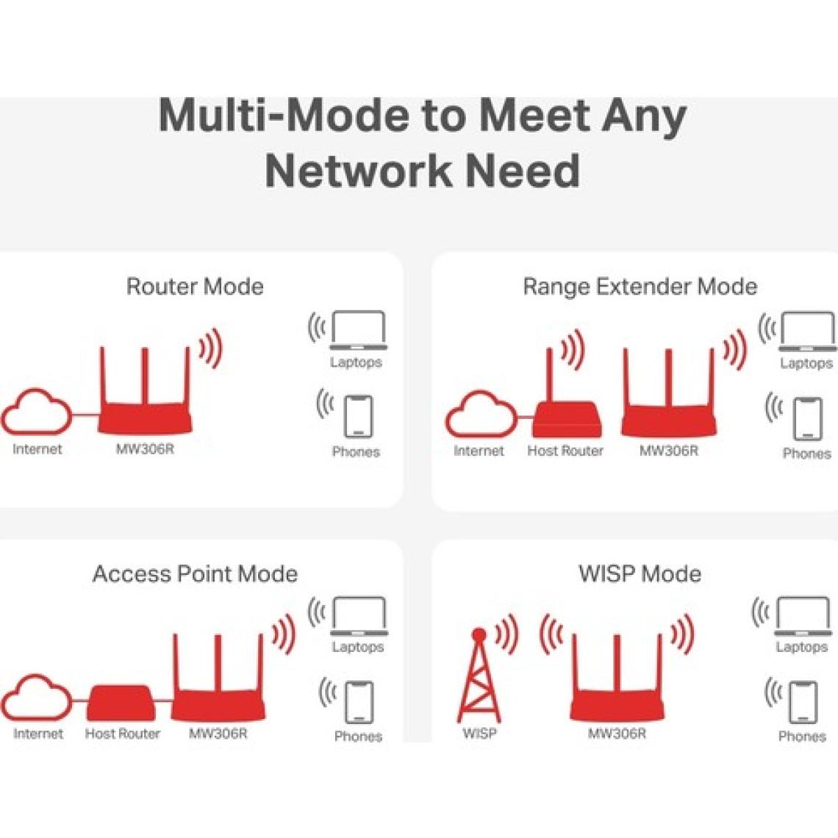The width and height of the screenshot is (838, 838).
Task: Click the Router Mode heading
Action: [x=195, y=286]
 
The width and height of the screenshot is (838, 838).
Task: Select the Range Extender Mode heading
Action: [x=640, y=286]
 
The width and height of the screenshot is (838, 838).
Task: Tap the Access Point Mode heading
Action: [x=195, y=573]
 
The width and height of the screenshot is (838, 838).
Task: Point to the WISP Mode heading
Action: [x=640, y=573]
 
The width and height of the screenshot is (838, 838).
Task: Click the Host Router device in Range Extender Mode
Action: [x=567, y=415]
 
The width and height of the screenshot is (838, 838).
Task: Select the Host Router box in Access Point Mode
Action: [x=121, y=703]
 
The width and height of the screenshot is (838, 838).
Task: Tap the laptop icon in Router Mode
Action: [x=358, y=329]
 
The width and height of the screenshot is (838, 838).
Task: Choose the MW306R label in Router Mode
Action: [x=145, y=448]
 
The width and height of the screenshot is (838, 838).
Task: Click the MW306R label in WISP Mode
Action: [x=617, y=733]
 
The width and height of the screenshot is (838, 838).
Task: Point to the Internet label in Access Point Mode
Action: [x=38, y=733]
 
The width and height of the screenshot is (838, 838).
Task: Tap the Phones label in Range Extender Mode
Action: [x=806, y=454]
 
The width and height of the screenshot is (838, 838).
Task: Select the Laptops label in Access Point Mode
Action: [x=358, y=647]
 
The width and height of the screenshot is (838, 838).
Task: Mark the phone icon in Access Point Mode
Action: [x=359, y=701]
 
